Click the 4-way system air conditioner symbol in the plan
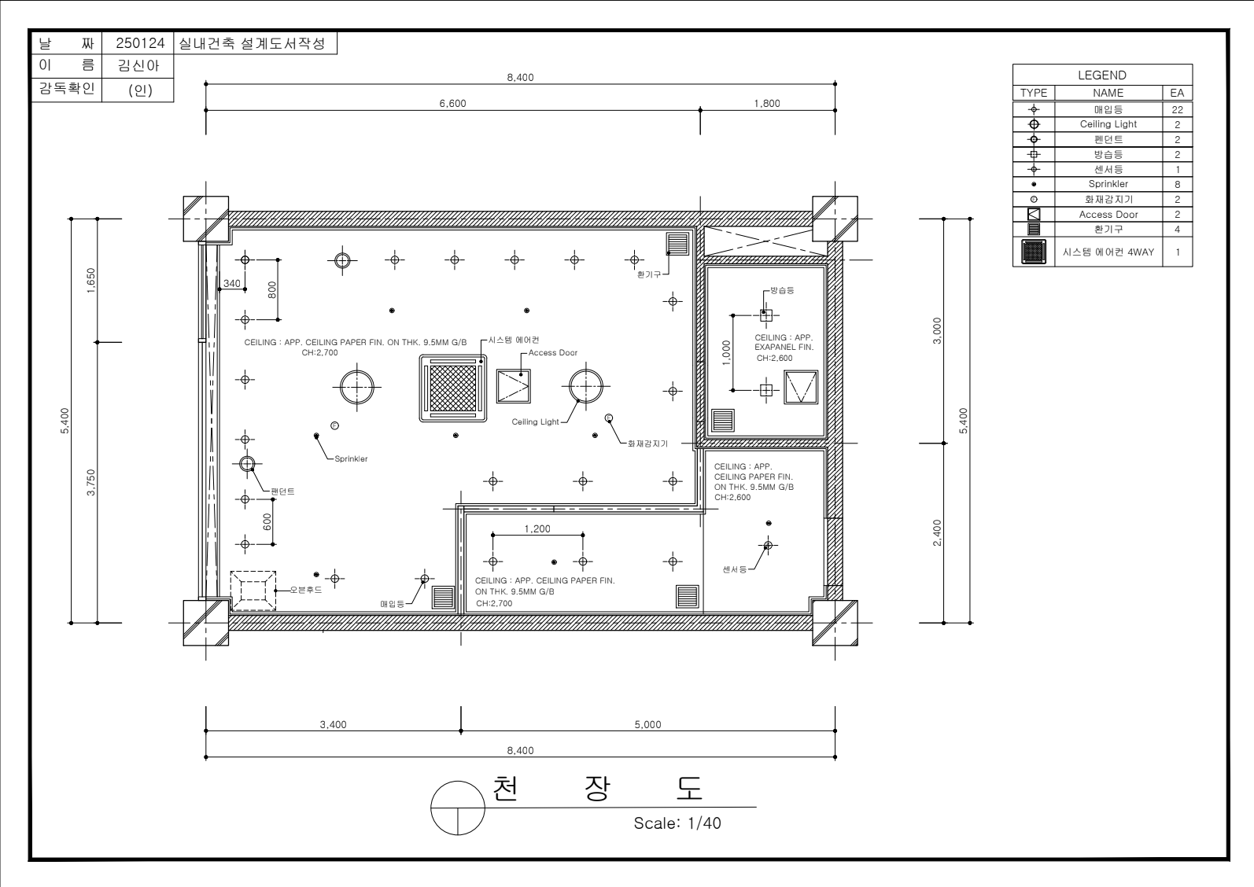point(453,388)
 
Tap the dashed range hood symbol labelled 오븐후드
point(253,591)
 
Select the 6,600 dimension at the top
point(452,104)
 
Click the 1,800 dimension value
point(767,104)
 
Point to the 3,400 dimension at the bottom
point(333,725)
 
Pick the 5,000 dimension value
point(647,725)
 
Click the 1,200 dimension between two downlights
point(537,529)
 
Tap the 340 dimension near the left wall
point(232,284)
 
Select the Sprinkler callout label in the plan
point(351,459)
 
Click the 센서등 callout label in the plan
point(735,569)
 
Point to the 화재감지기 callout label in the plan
point(647,443)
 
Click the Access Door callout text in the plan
point(552,352)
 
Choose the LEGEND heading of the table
point(1101,75)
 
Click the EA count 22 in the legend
point(1178,109)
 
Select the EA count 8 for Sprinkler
point(1178,184)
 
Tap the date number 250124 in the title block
point(140,43)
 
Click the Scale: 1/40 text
point(677,823)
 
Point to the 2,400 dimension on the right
point(937,532)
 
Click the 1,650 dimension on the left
point(91,281)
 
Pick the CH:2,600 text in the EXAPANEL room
point(774,358)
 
